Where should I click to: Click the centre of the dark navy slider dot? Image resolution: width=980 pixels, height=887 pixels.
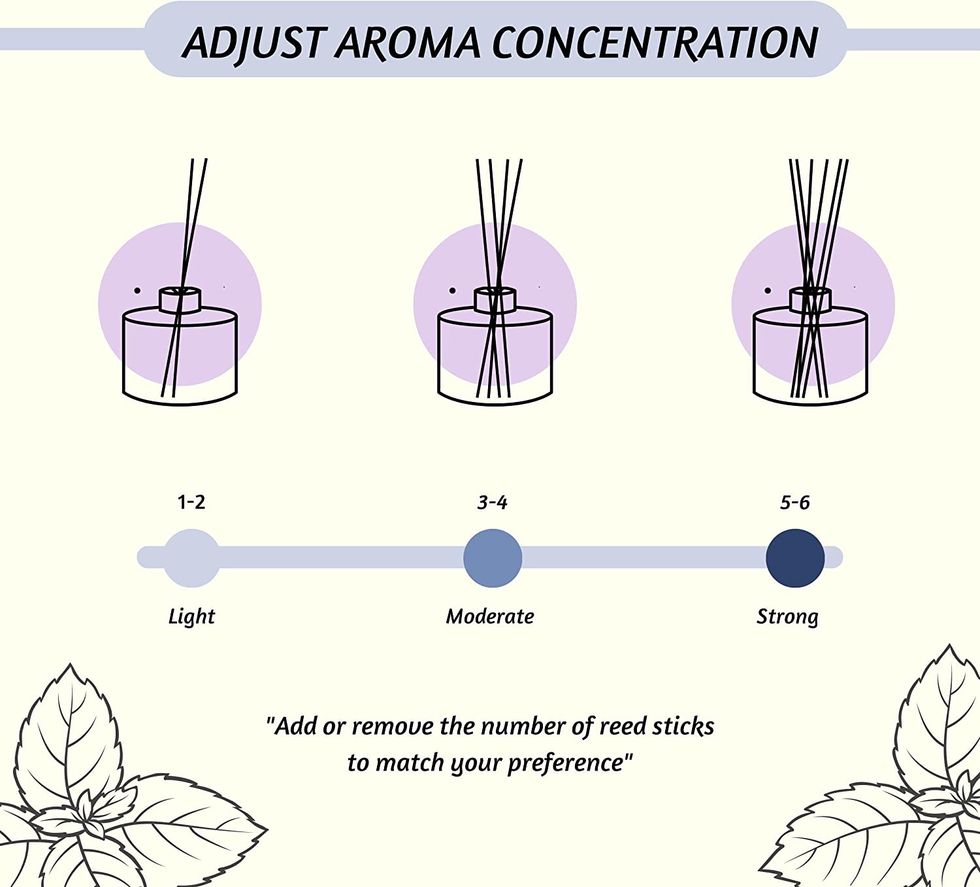click(795, 558)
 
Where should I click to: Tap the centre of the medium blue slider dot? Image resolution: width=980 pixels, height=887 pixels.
click(493, 558)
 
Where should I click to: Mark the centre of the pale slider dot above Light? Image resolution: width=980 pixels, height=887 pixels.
click(191, 558)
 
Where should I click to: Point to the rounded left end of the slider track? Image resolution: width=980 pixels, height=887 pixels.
click(139, 558)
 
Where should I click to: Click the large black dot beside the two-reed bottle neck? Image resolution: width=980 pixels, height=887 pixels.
click(137, 290)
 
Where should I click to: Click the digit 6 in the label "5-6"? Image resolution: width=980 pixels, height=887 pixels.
click(804, 502)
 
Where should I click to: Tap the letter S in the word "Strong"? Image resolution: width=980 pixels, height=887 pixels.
click(763, 616)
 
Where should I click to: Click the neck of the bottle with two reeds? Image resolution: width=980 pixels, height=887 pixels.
click(180, 300)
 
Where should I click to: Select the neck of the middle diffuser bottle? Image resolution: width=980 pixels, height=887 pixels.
click(495, 300)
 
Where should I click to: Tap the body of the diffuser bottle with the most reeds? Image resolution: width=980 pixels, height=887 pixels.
click(811, 356)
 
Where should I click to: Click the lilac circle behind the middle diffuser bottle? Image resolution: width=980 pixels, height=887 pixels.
click(495, 304)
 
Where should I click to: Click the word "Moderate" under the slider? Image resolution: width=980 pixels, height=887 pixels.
click(490, 616)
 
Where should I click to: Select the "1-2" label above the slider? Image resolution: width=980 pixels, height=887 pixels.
click(191, 502)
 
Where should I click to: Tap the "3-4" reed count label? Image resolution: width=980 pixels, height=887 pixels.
click(493, 502)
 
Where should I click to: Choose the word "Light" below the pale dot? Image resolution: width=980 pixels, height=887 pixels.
click(191, 617)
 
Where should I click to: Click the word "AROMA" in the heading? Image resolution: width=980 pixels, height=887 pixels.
click(408, 43)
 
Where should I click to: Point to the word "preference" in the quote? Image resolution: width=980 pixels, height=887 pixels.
click(566, 763)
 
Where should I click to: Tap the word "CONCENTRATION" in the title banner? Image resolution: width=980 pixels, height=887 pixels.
click(655, 42)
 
